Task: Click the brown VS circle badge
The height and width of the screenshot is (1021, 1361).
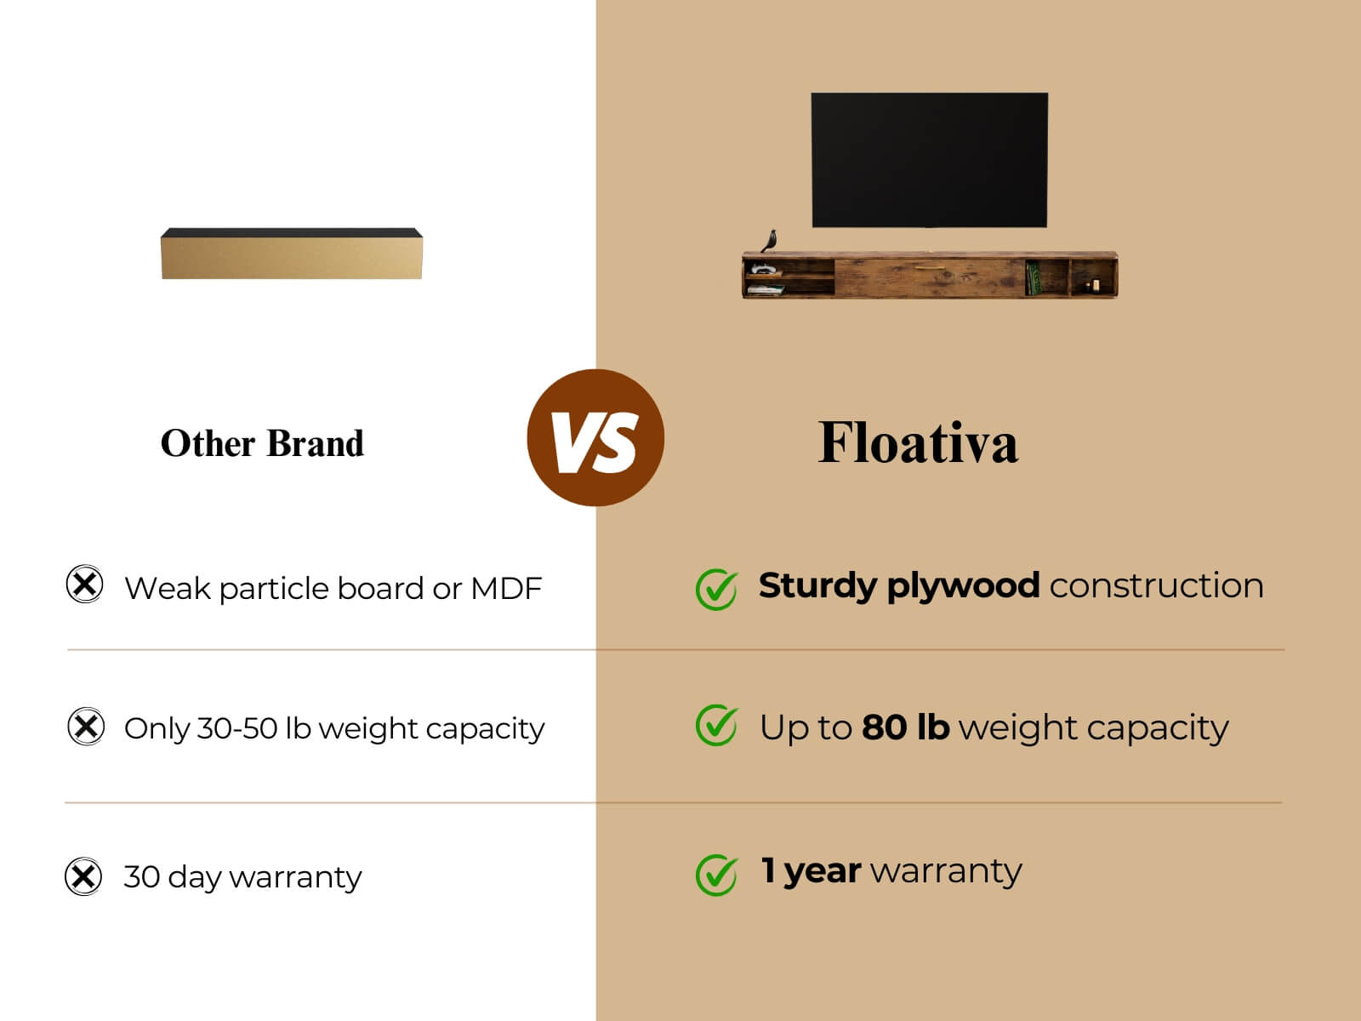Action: (595, 437)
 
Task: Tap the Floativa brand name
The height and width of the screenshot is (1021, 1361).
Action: (918, 442)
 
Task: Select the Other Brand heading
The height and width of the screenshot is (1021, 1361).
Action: (262, 444)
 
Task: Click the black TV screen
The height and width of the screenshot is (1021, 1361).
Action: (930, 160)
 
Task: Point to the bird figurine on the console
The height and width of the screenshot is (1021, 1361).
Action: (770, 241)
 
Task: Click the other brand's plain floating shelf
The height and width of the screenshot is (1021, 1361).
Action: (292, 254)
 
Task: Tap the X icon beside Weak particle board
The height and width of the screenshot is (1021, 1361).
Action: (85, 584)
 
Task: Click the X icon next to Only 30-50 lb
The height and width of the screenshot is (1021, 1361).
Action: (86, 726)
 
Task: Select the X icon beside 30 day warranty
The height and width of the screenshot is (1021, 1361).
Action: (83, 876)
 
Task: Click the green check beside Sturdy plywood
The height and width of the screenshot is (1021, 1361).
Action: (717, 589)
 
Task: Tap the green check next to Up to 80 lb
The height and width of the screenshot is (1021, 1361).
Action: (717, 725)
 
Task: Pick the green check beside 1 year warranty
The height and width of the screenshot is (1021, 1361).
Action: (717, 875)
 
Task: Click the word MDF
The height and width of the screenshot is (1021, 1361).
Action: (507, 588)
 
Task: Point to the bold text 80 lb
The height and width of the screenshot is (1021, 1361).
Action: (905, 727)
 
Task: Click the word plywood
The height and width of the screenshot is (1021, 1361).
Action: (963, 586)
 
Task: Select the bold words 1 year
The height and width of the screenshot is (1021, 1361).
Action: (811, 871)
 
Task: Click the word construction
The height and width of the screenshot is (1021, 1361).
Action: (1156, 586)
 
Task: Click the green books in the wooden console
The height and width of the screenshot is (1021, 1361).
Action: (1033, 277)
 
